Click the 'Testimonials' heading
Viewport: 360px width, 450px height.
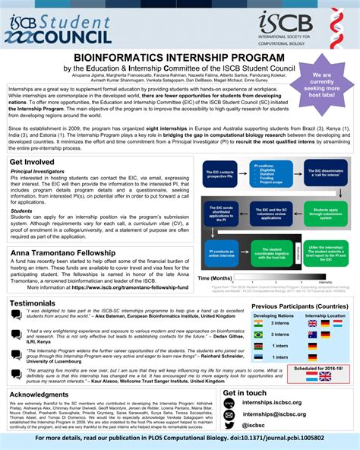click(x=33, y=282)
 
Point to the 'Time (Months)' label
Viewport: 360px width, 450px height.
click(x=215, y=279)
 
